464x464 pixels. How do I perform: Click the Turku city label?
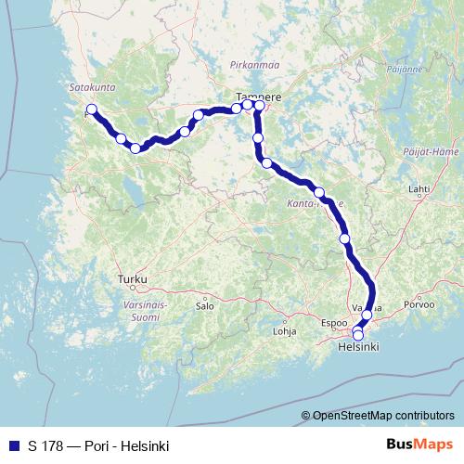tap(133, 277)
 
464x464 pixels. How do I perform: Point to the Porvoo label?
tap(419, 303)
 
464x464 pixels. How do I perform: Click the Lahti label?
tap(419, 188)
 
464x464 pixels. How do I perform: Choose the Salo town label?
tap(205, 304)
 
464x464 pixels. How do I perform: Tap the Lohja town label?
tap(284, 329)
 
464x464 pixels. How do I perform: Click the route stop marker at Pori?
tap(91, 110)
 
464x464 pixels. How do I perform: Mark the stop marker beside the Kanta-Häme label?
tap(319, 192)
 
